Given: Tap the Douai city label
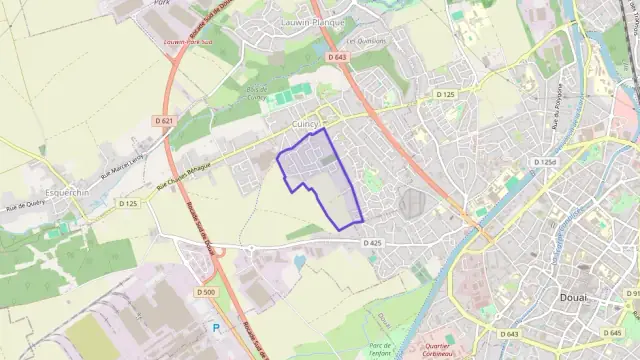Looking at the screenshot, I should pos(573,298).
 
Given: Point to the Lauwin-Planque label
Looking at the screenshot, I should pos(312,21).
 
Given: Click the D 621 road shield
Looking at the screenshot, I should pos(164,121).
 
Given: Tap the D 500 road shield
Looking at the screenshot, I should pos(202,293).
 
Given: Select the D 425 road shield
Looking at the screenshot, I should pos(372,243).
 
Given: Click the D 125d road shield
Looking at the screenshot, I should pos(545,161).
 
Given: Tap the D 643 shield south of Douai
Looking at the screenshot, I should pos(509,333).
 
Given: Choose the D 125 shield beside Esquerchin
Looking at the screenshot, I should pos(128,204).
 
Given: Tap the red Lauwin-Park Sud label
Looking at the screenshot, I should pos(190,43).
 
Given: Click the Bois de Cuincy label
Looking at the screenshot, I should pos(256,93).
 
